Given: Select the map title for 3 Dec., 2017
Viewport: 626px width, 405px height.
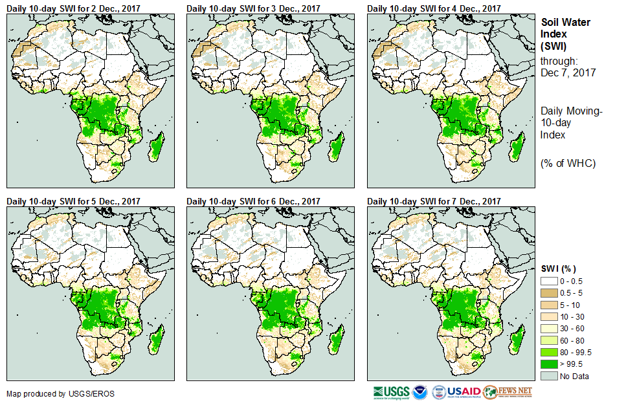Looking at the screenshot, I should pyautogui.click(x=253, y=8).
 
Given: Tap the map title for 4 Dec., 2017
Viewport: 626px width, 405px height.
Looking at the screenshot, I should pyautogui.click(x=434, y=8).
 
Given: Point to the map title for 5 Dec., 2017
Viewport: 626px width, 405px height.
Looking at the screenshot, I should pyautogui.click(x=73, y=201).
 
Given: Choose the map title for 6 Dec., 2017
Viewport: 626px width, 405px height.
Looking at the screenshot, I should pyautogui.click(x=253, y=201).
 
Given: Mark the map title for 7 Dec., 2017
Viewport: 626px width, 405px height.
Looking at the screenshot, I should pyautogui.click(x=434, y=201).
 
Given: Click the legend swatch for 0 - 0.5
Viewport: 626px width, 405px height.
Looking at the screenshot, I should pyautogui.click(x=549, y=281).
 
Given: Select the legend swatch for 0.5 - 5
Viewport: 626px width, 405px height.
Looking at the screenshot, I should pyautogui.click(x=549, y=292).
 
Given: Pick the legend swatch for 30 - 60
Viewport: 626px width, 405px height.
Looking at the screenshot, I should pyautogui.click(x=549, y=329).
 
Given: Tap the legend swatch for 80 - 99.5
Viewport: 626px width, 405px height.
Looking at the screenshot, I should pyautogui.click(x=549, y=352).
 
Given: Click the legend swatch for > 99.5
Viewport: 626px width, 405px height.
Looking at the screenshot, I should pyautogui.click(x=549, y=364).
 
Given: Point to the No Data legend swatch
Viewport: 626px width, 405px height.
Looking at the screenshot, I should pyautogui.click(x=549, y=376).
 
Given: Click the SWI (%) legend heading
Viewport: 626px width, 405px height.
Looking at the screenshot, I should pyautogui.click(x=559, y=268).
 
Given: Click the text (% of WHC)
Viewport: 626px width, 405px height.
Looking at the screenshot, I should pyautogui.click(x=568, y=162).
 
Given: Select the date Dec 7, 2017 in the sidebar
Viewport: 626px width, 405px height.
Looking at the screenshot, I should pyautogui.click(x=568, y=73).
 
